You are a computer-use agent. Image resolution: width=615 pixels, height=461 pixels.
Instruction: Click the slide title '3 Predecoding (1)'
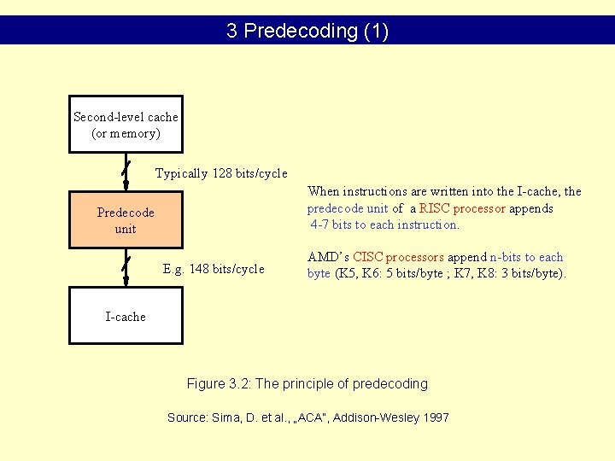coord(307,32)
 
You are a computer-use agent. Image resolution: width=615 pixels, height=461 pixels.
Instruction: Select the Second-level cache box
coord(126,124)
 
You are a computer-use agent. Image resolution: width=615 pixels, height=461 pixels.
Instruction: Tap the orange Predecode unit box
coord(126,220)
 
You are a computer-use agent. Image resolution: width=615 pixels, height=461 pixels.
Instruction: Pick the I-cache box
coord(126,316)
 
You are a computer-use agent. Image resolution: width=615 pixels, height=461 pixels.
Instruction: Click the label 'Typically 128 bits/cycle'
coord(220,173)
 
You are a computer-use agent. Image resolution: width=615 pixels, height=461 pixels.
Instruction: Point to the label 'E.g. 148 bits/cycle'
coord(214,269)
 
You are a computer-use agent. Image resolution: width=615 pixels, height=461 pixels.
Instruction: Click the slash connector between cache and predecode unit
coord(126,172)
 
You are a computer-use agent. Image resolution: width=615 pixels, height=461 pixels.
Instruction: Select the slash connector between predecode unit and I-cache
coord(126,267)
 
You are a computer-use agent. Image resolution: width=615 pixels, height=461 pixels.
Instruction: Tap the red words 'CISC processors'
coord(398,257)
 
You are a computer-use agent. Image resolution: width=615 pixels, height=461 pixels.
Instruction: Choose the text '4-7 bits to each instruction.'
coord(384,225)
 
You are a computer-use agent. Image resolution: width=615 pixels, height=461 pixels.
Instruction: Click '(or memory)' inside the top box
coord(126,133)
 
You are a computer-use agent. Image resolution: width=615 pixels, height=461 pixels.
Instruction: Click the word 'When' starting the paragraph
coord(324,191)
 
